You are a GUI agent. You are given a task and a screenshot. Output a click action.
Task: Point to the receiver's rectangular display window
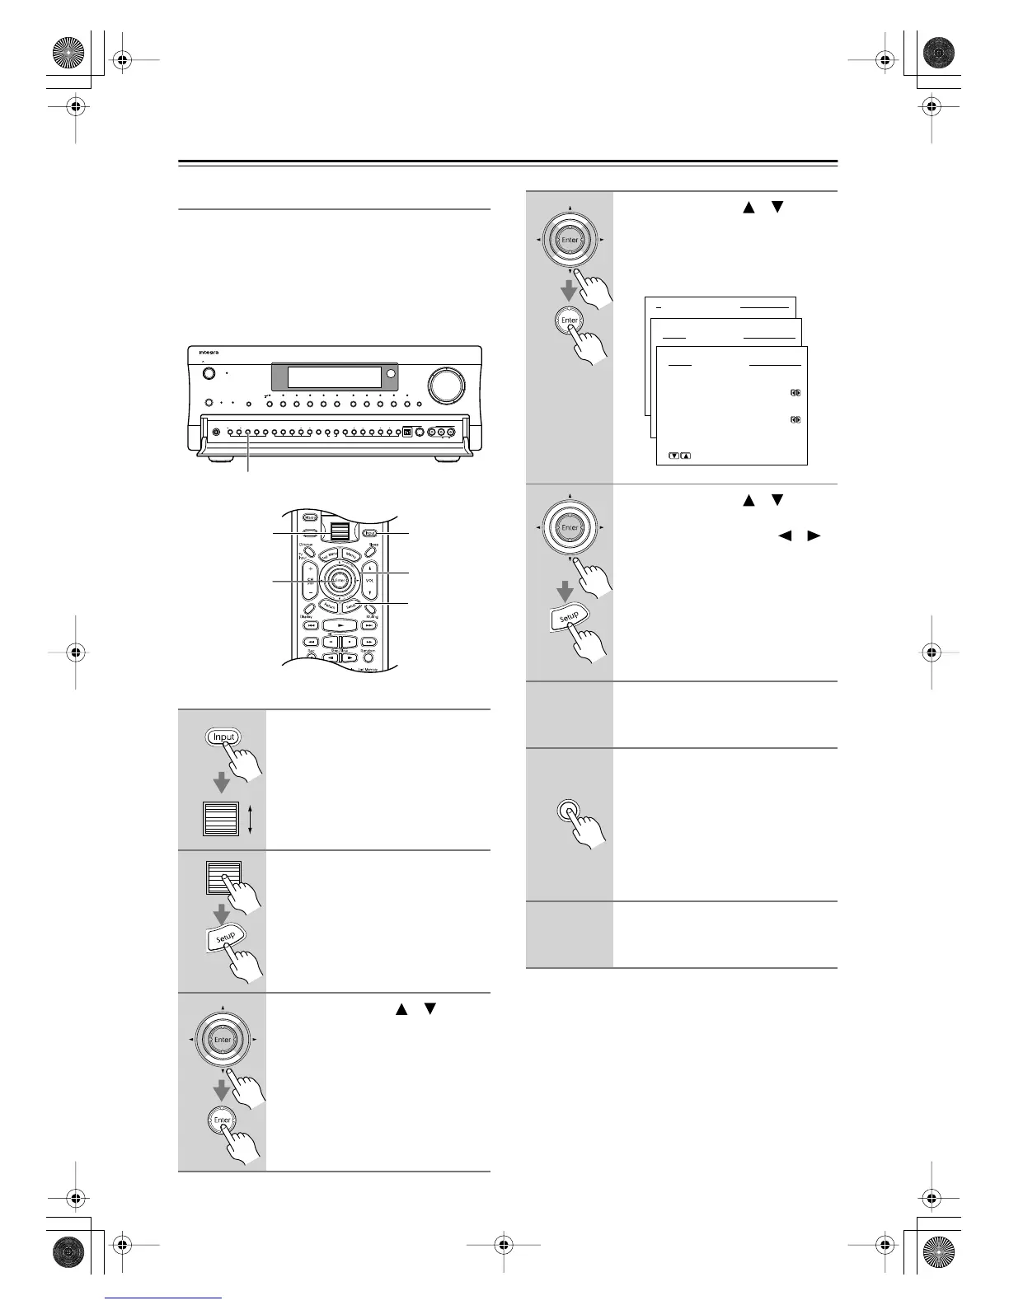[334, 377]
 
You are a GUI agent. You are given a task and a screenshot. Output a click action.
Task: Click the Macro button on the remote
[310, 518]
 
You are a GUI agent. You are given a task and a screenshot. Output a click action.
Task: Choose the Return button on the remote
[330, 606]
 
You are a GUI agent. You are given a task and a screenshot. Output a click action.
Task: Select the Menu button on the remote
[351, 554]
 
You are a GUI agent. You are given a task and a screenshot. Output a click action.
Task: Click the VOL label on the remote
[369, 580]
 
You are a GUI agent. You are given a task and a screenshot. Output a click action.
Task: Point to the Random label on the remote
[367, 651]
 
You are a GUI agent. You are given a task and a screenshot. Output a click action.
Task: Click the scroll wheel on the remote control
[334, 531]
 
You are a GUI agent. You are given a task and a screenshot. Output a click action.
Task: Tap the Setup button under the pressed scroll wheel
[224, 938]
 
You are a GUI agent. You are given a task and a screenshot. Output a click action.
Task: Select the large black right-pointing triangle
[814, 536]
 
